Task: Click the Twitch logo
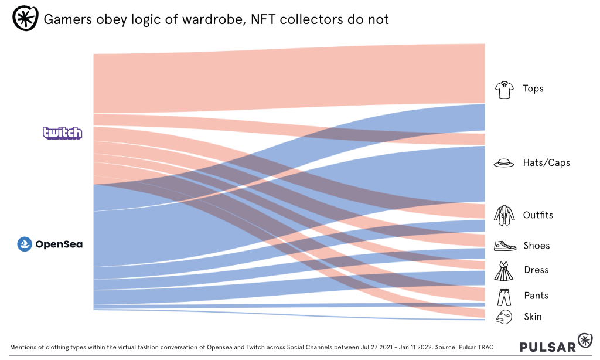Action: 63,133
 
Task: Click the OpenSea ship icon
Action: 25,244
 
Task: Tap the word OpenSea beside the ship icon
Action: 59,244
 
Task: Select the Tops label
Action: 533,89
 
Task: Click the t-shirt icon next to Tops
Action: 504,90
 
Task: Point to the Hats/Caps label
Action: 546,162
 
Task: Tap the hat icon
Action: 504,164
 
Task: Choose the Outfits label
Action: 538,215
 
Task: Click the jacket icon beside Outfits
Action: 504,216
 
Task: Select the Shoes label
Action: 537,246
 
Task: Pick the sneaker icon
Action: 504,246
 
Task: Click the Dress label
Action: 536,270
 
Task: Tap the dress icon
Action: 504,271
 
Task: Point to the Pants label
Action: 536,296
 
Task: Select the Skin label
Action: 533,317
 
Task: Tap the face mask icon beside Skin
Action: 503,317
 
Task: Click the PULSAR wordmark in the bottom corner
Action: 547,347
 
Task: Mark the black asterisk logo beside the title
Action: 25,19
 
